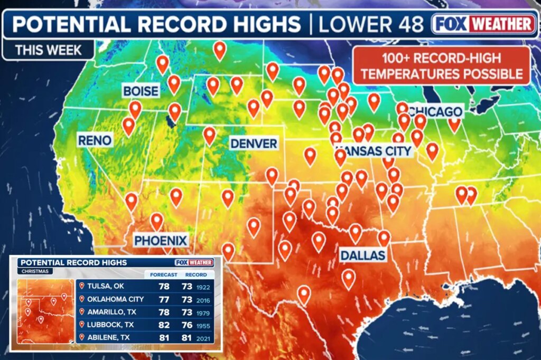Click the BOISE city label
pos(141,91)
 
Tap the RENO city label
pos(95,140)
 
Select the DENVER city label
pos(254,143)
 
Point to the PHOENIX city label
pos(161,241)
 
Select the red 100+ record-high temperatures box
pos(441,65)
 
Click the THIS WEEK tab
pos(48,51)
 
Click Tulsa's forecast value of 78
pos(164,286)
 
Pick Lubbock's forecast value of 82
pos(164,325)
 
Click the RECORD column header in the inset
pos(195,274)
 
